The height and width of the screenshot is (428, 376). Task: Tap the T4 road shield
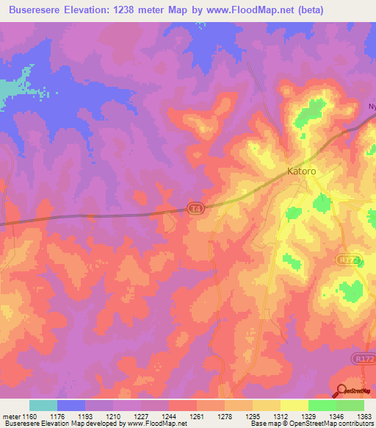[193, 208]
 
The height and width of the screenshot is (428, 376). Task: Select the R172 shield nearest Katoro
[347, 260]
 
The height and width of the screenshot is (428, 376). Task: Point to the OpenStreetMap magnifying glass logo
[341, 392]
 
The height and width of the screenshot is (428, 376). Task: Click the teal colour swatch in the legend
[43, 405]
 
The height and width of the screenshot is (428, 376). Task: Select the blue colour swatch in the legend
[71, 405]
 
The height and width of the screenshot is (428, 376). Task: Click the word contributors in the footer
[356, 424]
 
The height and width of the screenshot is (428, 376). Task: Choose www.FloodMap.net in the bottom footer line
[156, 424]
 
